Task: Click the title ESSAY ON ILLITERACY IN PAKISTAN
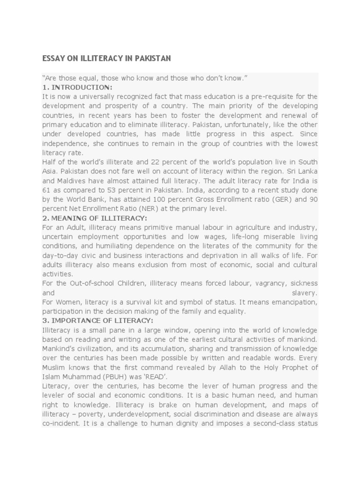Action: (x=106, y=59)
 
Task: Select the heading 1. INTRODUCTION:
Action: (x=77, y=87)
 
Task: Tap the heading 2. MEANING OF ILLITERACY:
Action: (x=95, y=218)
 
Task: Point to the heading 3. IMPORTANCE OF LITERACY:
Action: (x=97, y=321)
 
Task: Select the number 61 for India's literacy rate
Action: (x=46, y=190)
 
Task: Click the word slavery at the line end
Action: (x=305, y=293)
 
